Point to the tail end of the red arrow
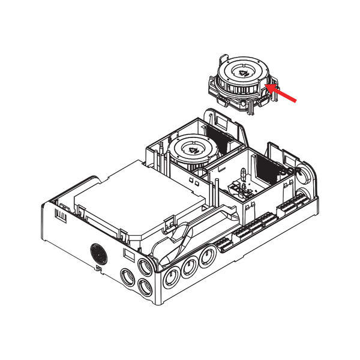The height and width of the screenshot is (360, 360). (295, 101)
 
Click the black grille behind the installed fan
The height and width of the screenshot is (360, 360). (219, 140)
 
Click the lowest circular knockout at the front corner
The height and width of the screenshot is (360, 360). (145, 289)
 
